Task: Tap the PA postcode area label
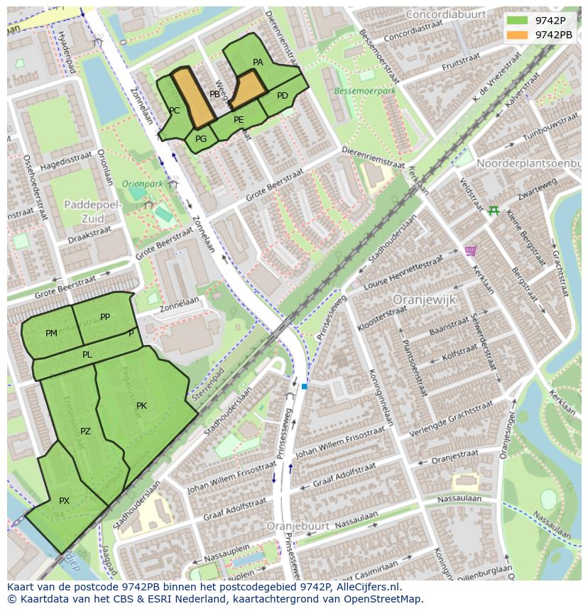(258, 62)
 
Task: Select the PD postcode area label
(283, 96)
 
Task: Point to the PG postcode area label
(201, 139)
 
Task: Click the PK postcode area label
(141, 406)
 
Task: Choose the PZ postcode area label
(85, 431)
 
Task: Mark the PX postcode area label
(64, 501)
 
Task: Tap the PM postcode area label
(51, 334)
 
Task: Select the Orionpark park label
(143, 184)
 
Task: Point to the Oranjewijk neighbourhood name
(424, 299)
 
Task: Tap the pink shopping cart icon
(470, 251)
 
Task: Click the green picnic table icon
(494, 210)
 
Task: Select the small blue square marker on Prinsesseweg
(304, 386)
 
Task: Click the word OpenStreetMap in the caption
(379, 599)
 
